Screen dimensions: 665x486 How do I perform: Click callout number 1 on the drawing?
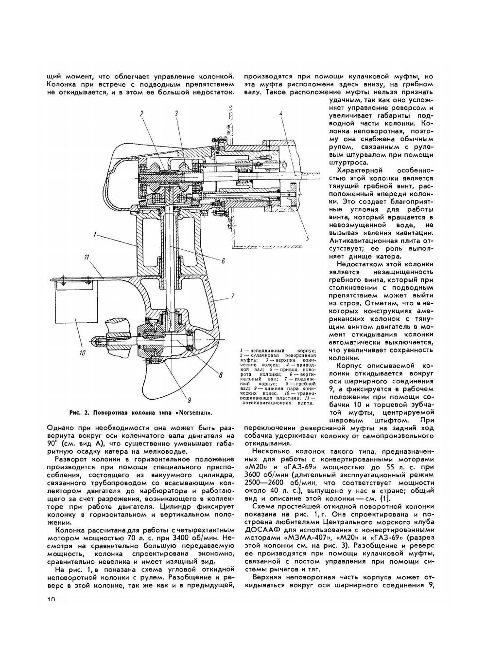[x=97, y=235]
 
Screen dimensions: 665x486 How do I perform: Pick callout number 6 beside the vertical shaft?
[x=224, y=261]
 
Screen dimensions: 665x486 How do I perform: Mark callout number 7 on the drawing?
[x=233, y=296]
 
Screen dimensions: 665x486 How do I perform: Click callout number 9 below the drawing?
[x=189, y=401]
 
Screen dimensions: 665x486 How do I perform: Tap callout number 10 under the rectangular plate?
[x=81, y=352]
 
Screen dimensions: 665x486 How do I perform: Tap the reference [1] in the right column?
[x=384, y=498]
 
